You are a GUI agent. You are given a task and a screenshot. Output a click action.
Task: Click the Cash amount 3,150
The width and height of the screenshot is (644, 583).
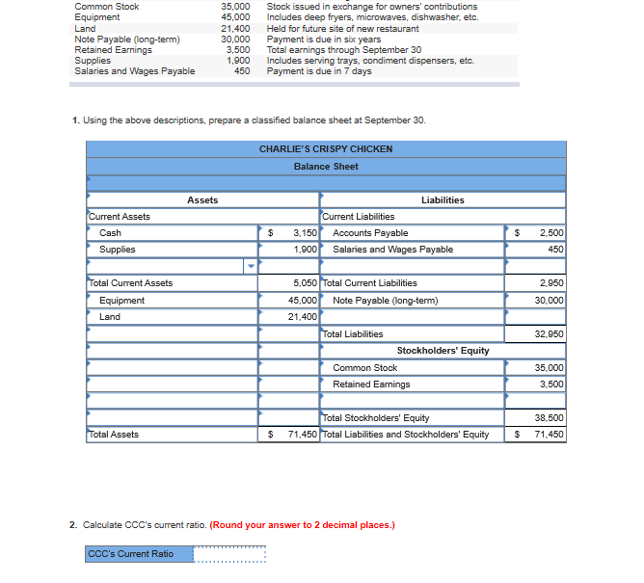305,233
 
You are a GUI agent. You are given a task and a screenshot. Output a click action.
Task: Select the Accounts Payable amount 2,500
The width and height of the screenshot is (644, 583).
551,233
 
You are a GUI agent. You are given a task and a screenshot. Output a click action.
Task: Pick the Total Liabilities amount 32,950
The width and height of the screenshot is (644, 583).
549,334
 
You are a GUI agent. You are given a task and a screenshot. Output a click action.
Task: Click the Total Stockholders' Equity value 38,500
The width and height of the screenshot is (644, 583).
549,418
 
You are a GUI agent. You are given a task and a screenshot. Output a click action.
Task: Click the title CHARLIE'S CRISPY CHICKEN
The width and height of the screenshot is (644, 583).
326,149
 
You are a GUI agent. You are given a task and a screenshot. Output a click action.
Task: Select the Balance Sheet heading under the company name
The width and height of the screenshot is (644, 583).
326,167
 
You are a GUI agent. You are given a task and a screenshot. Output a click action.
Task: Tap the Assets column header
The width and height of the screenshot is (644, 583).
202,200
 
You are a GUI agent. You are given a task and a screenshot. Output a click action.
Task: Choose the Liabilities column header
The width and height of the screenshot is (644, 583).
443,200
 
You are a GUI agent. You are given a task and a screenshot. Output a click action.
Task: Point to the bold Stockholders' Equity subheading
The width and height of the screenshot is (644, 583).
443,351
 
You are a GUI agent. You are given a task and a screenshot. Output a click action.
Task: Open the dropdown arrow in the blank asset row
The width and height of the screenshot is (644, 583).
252,267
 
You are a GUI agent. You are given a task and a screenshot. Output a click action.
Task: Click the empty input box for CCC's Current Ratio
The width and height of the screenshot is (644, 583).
229,554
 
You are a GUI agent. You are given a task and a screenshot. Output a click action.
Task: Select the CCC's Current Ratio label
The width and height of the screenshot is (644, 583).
131,554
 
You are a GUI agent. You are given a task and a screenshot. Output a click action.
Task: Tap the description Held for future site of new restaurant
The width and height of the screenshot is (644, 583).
342,29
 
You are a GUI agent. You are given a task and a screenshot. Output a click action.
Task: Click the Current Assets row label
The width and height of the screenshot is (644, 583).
120,217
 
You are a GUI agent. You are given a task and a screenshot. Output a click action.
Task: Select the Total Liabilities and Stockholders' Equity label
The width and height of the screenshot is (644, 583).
406,435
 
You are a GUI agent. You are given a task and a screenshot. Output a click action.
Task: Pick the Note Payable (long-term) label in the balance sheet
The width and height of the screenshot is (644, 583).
385,301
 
